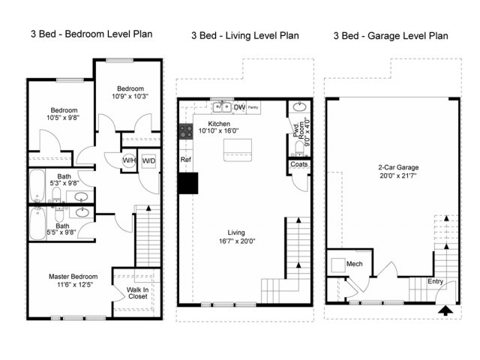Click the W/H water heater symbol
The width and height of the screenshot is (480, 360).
(129, 160)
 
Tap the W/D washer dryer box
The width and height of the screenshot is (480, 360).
(148, 160)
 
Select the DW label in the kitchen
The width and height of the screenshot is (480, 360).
(239, 107)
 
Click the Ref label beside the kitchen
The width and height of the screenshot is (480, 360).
(185, 160)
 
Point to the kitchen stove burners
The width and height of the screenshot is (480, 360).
(186, 131)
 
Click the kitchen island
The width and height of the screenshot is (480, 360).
(238, 150)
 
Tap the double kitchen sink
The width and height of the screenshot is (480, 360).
(222, 107)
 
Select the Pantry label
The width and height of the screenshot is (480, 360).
(253, 107)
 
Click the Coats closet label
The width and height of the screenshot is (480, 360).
(298, 164)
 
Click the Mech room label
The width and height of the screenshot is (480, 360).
(355, 264)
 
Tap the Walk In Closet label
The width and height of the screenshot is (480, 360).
(138, 293)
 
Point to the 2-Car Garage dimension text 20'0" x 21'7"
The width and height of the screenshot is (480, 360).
(398, 176)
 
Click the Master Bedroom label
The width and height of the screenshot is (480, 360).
(73, 277)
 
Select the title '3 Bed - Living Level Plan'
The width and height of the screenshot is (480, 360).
(245, 35)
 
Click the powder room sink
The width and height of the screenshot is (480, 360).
(299, 106)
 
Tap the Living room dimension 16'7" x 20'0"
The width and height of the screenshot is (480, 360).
(237, 241)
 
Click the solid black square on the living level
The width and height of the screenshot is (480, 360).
(188, 183)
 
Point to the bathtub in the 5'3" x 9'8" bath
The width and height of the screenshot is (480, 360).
(37, 185)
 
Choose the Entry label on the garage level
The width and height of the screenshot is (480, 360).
(435, 281)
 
